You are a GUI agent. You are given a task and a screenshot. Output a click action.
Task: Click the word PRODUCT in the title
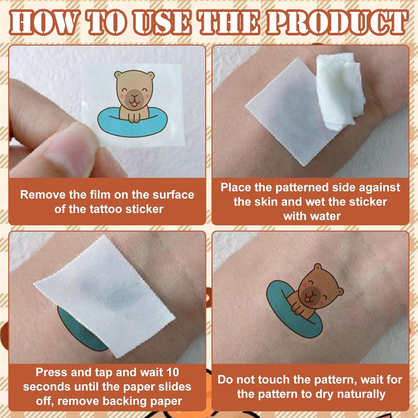pyautogui.click(x=337, y=23)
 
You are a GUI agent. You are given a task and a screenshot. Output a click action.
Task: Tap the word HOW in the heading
pyautogui.click(x=43, y=23)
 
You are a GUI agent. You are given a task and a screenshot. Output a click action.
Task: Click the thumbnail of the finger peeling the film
pyautogui.click(x=107, y=111)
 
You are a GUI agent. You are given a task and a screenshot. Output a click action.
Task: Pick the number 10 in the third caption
pyautogui.click(x=172, y=372)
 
